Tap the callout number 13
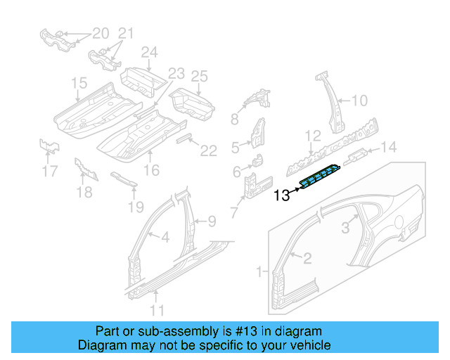[281, 196]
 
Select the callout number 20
[101, 33]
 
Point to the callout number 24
[149, 52]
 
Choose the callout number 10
[359, 101]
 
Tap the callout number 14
[389, 147]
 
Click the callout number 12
[312, 134]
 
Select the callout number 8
[235, 120]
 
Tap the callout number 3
[345, 227]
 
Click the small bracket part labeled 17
[49, 146]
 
